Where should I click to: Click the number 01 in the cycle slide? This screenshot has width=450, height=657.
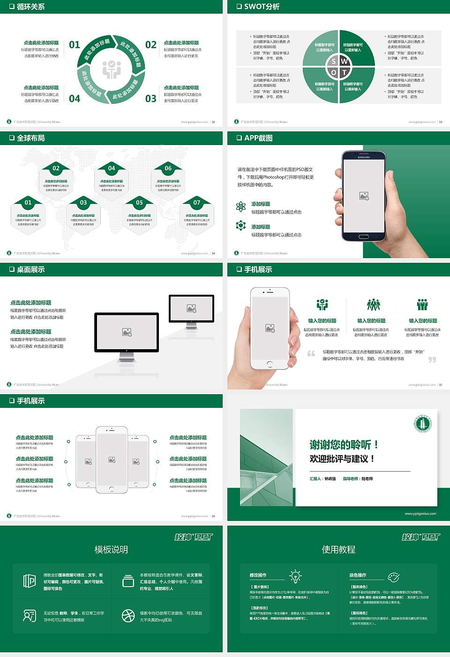click(x=75, y=45)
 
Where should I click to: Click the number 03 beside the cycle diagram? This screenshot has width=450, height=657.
click(x=150, y=99)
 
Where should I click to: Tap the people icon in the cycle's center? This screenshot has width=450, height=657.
click(x=112, y=69)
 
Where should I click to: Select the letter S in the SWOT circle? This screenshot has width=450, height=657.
click(x=333, y=61)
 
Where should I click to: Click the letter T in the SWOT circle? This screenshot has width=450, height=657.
click(x=345, y=73)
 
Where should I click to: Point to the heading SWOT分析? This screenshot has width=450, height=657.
click(x=262, y=7)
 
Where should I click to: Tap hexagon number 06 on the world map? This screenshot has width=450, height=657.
click(x=168, y=168)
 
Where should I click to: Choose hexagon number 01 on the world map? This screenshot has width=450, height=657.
click(x=28, y=202)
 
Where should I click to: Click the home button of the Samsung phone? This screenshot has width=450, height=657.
click(x=364, y=237)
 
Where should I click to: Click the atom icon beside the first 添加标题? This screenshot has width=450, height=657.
click(x=241, y=206)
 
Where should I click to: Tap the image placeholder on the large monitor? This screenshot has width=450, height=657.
click(x=127, y=332)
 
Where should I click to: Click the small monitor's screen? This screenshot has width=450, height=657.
click(x=191, y=308)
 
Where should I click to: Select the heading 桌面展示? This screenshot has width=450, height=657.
click(x=30, y=269)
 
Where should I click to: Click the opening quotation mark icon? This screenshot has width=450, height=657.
click(x=311, y=353)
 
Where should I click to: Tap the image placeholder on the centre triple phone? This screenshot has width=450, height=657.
click(x=112, y=460)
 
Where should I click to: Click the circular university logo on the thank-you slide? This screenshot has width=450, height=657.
click(x=422, y=424)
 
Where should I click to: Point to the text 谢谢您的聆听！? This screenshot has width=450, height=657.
click(x=344, y=444)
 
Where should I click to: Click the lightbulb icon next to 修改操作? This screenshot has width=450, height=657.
click(x=295, y=576)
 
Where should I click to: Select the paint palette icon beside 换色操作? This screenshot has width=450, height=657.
click(x=393, y=577)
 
